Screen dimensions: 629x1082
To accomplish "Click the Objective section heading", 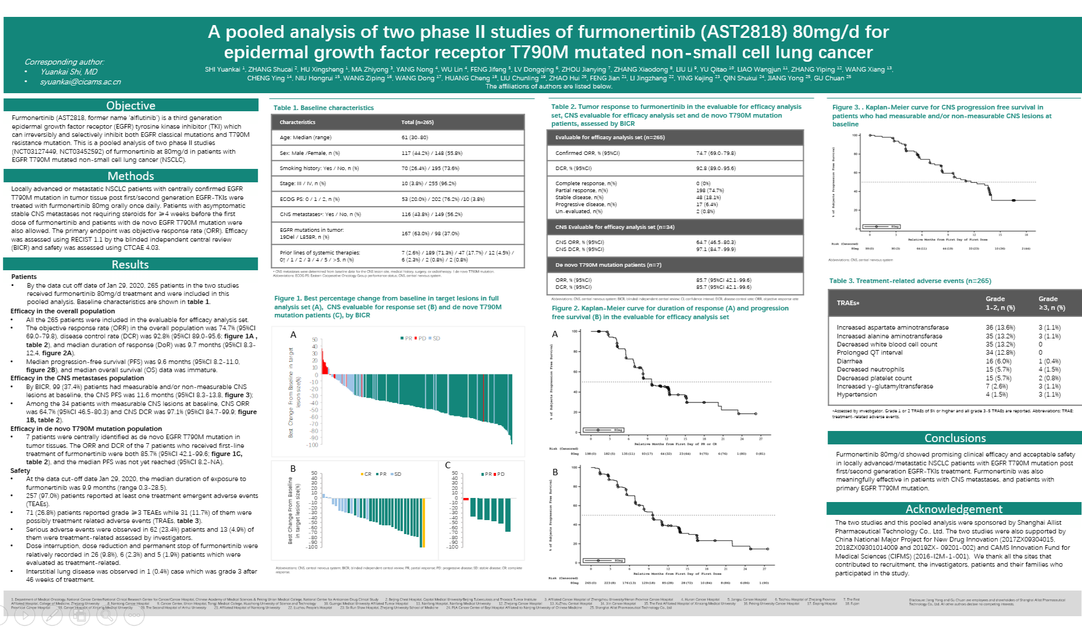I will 130,105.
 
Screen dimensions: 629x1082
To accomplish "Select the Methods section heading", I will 130,176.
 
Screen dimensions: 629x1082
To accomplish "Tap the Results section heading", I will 130,264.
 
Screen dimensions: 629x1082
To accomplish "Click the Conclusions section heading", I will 955,438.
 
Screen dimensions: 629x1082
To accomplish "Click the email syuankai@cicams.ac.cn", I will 80,82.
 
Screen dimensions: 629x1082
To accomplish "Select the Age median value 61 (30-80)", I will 414,137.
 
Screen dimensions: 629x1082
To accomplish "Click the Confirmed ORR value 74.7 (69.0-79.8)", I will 715,153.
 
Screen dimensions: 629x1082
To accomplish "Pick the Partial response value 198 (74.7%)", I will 709,190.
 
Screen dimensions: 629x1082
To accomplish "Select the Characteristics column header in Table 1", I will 297,122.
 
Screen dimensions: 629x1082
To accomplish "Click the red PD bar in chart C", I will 466,499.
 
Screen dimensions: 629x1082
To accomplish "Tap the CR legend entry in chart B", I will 366,474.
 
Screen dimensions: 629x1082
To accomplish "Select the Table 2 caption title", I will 676,115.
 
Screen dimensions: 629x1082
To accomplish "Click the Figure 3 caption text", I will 941,115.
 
